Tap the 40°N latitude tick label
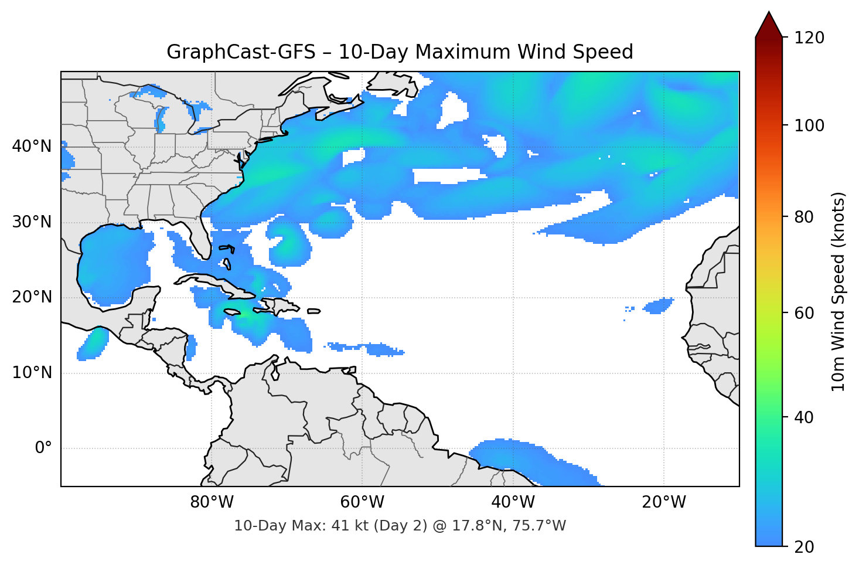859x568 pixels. tap(32, 147)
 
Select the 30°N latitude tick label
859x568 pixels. tap(32, 222)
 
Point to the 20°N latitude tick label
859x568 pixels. tap(32, 297)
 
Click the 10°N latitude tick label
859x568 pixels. tap(32, 373)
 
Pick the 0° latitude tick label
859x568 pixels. tap(43, 448)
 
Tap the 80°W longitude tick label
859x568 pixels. tap(212, 502)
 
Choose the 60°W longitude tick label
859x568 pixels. tap(362, 502)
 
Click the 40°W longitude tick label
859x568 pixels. tap(513, 502)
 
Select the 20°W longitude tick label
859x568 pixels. tap(663, 502)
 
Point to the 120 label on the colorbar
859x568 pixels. tap(809, 38)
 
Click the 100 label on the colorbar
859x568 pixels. tap(809, 125)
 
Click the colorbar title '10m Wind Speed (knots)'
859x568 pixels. tap(838, 291)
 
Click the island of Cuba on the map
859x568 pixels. tap(217, 281)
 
